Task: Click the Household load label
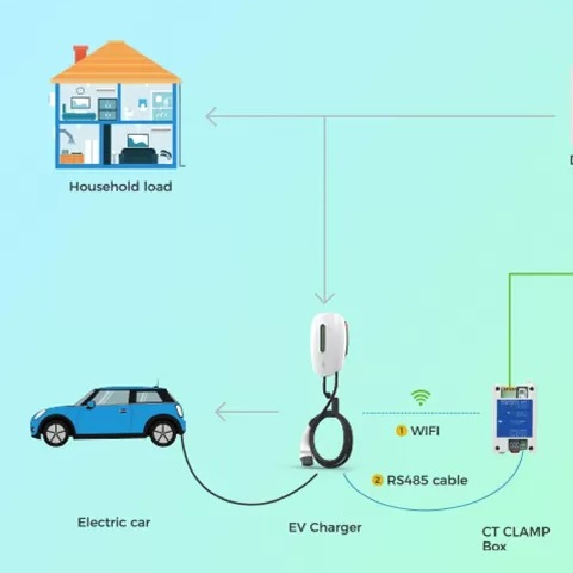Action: pos(120,186)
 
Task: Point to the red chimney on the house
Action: pos(80,53)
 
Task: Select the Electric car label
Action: pos(114,522)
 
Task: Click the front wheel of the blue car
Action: pos(56,433)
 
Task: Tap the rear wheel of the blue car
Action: pos(163,433)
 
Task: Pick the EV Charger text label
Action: pos(325,527)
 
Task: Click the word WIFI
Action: pos(425,431)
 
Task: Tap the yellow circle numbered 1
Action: pos(402,431)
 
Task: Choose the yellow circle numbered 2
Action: pos(377,480)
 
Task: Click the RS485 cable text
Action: pos(427,480)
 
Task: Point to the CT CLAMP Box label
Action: pos(515,539)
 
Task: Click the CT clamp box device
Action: pos(515,418)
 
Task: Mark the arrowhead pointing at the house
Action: pos(211,117)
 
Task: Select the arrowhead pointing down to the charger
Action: pos(325,297)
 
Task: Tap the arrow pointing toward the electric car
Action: pos(229,411)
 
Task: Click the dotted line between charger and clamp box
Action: pos(421,413)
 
